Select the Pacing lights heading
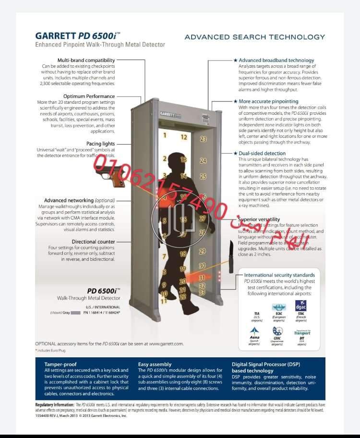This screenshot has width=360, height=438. pos(100,144)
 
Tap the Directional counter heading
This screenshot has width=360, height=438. pos(93,242)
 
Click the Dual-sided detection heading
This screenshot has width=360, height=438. pos(262,153)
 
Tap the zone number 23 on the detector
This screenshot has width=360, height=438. pos(203,139)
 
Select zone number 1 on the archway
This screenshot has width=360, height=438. pos(165,135)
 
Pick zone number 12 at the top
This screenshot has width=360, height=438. pos(183,137)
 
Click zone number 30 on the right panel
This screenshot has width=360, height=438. pos(202,266)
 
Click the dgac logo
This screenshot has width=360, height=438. pos(301,306)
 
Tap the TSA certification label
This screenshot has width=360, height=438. pos(257,314)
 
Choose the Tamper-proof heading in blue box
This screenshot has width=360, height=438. pos(60,365)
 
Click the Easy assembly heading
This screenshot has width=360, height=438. pos(155,365)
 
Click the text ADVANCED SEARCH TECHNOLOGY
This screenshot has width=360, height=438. pos(254,37)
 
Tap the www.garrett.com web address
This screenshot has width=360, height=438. pos(166,344)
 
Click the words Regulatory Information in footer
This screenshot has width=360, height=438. pos(55,405)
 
